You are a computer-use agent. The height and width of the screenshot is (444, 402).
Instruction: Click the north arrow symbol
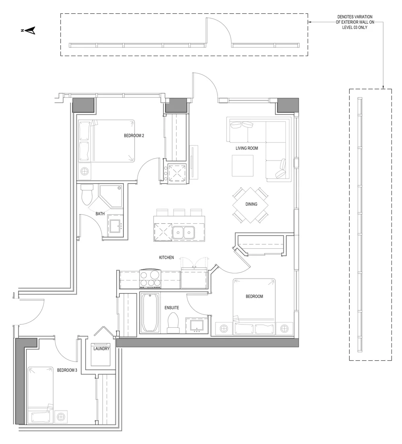(x=29, y=30)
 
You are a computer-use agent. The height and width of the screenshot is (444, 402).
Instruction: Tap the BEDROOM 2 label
(x=134, y=136)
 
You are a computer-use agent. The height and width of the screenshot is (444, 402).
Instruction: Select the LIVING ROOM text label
(x=247, y=148)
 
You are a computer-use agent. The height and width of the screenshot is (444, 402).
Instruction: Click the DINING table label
(x=251, y=204)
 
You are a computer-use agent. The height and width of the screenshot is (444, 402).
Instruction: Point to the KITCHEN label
(x=166, y=257)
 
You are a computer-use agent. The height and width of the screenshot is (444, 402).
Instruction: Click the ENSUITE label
(x=172, y=308)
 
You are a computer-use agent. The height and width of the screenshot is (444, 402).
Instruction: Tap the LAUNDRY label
(x=101, y=349)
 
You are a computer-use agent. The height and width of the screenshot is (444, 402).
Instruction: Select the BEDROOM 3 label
(x=67, y=370)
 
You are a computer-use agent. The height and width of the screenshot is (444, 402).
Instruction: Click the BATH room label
(x=100, y=214)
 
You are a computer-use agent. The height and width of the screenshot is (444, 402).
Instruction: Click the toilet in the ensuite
(x=173, y=322)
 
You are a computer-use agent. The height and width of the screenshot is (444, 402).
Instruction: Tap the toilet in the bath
(x=87, y=196)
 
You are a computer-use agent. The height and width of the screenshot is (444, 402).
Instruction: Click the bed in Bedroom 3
(x=40, y=394)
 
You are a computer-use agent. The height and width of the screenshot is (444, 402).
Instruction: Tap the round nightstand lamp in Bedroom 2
(x=85, y=171)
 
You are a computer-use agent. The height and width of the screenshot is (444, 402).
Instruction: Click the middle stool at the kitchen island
(x=179, y=212)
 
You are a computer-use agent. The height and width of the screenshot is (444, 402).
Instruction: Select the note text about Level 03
(x=352, y=23)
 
